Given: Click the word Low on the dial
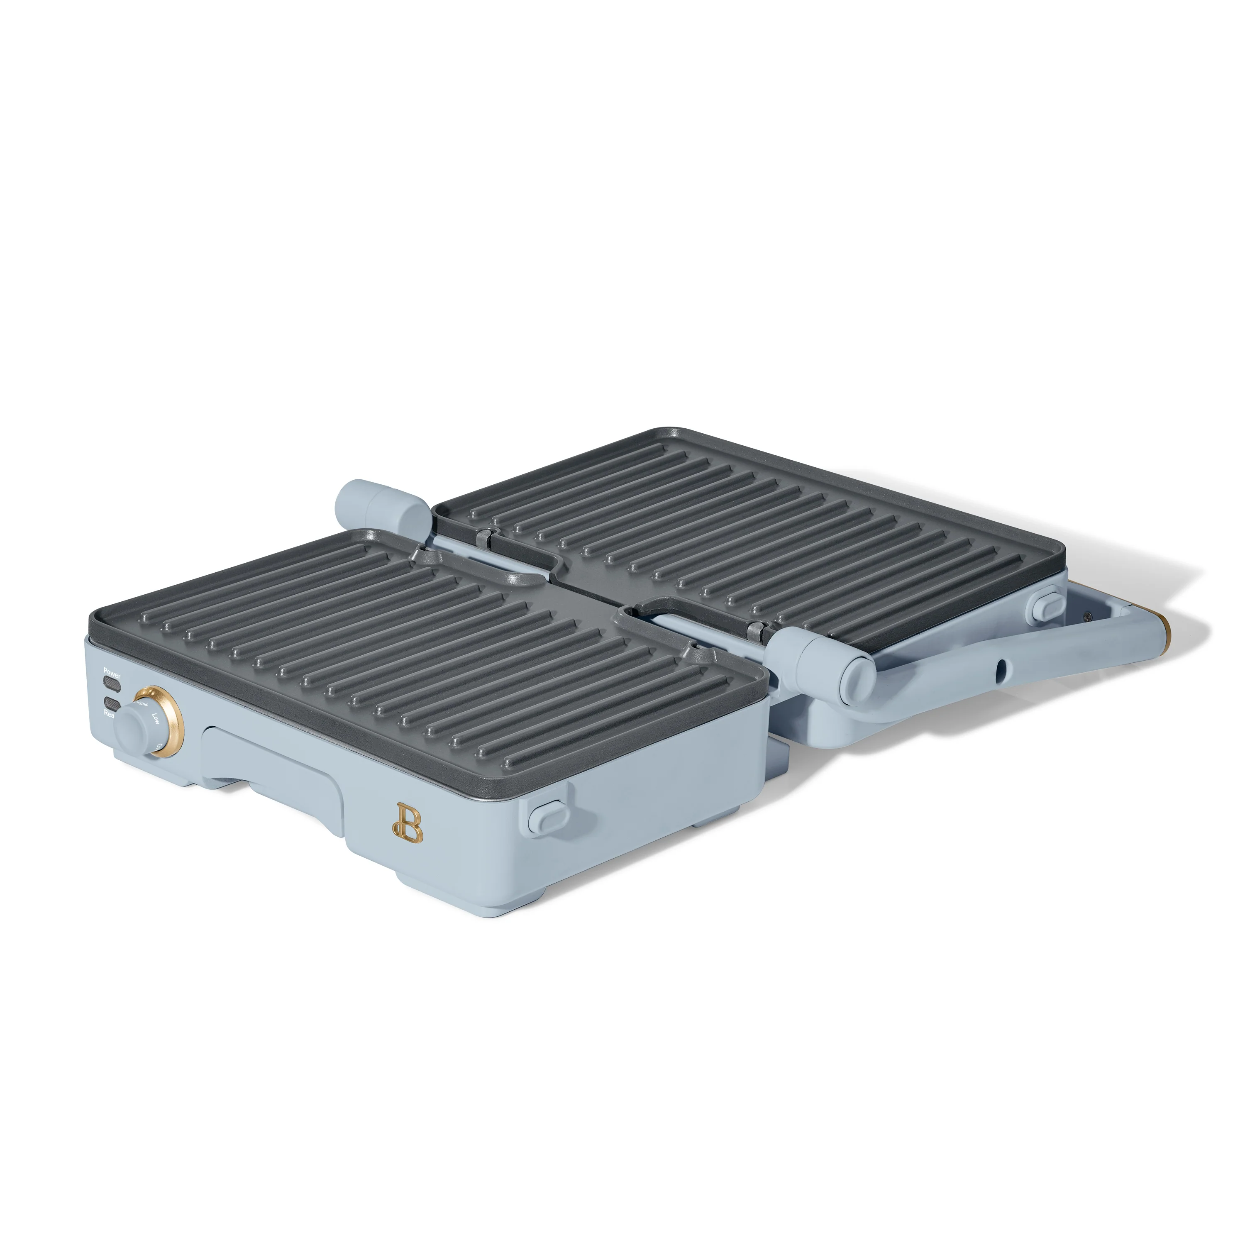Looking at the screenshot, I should click(155, 717).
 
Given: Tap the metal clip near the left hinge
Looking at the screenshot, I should click(485, 516).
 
